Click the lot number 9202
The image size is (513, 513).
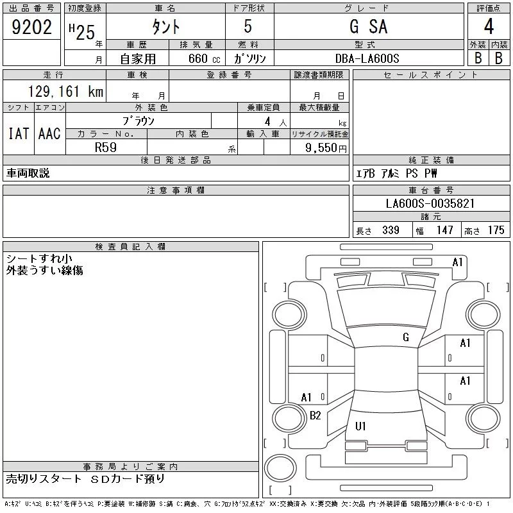(x=31, y=27)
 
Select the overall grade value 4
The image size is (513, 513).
(x=489, y=26)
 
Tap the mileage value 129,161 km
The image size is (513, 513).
(x=66, y=91)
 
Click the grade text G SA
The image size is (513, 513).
(x=369, y=26)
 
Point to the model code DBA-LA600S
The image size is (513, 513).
(x=367, y=58)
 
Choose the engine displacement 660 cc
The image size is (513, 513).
(x=204, y=58)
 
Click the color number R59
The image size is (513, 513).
(x=106, y=147)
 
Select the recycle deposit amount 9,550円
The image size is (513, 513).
(x=326, y=148)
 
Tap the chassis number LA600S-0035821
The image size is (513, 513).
(x=430, y=203)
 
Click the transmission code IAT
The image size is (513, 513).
(x=19, y=133)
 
